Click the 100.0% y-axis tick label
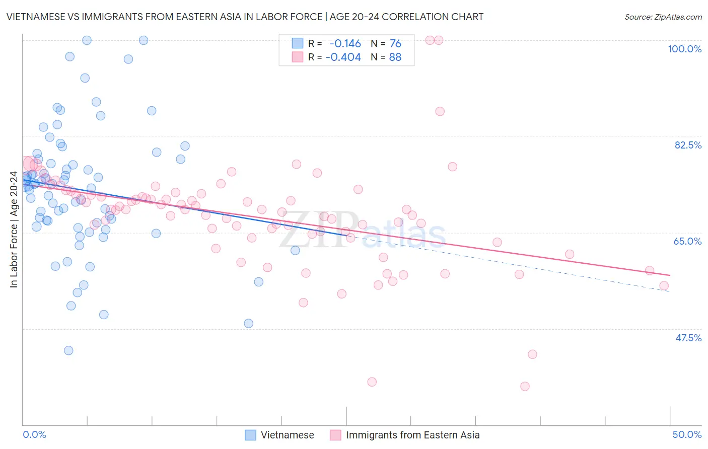(x=684, y=49)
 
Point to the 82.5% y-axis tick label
(x=688, y=145)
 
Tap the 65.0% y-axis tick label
(x=687, y=241)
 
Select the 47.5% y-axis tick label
(x=688, y=338)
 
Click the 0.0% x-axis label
(x=34, y=434)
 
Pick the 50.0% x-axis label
(x=687, y=434)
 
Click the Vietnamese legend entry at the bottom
(x=287, y=435)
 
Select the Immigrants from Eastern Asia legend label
(x=412, y=435)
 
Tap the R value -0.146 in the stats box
(x=345, y=43)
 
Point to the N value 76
(x=395, y=43)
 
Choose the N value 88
(x=395, y=57)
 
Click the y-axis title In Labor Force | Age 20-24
(x=14, y=230)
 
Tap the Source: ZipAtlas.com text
(x=663, y=17)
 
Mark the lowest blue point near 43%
(x=68, y=350)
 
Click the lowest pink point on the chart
(x=525, y=386)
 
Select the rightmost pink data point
(x=664, y=286)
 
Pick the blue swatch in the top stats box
(x=298, y=43)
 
